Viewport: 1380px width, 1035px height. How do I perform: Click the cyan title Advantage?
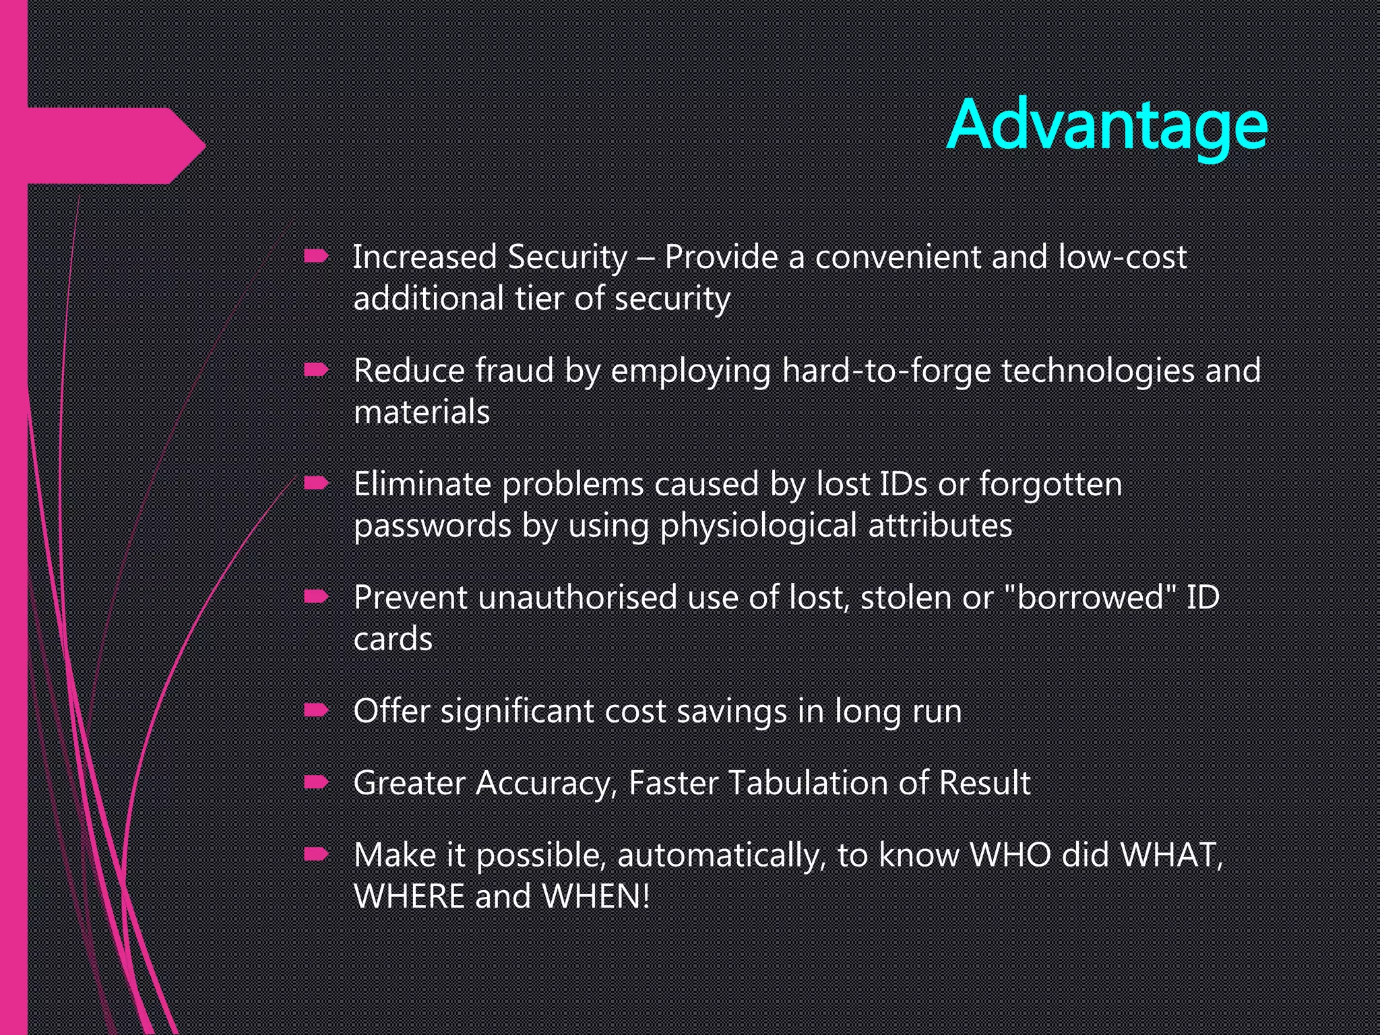(1106, 126)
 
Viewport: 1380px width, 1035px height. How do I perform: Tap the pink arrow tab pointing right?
(115, 146)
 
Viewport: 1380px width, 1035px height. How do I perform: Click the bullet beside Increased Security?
(316, 256)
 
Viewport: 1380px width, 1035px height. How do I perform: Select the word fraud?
(514, 371)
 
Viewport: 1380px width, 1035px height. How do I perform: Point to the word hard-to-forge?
(886, 371)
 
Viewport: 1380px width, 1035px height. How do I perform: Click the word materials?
(422, 412)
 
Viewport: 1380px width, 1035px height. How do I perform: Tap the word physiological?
(758, 526)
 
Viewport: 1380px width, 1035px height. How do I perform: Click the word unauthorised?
(577, 598)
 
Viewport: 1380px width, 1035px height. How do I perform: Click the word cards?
(393, 639)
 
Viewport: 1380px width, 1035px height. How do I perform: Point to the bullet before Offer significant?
(316, 710)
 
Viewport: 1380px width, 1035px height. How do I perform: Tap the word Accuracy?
(546, 784)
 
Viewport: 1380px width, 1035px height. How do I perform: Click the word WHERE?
(408, 897)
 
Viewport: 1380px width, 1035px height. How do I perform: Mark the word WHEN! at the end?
(596, 897)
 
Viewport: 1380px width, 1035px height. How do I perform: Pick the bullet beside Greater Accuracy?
(316, 782)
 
